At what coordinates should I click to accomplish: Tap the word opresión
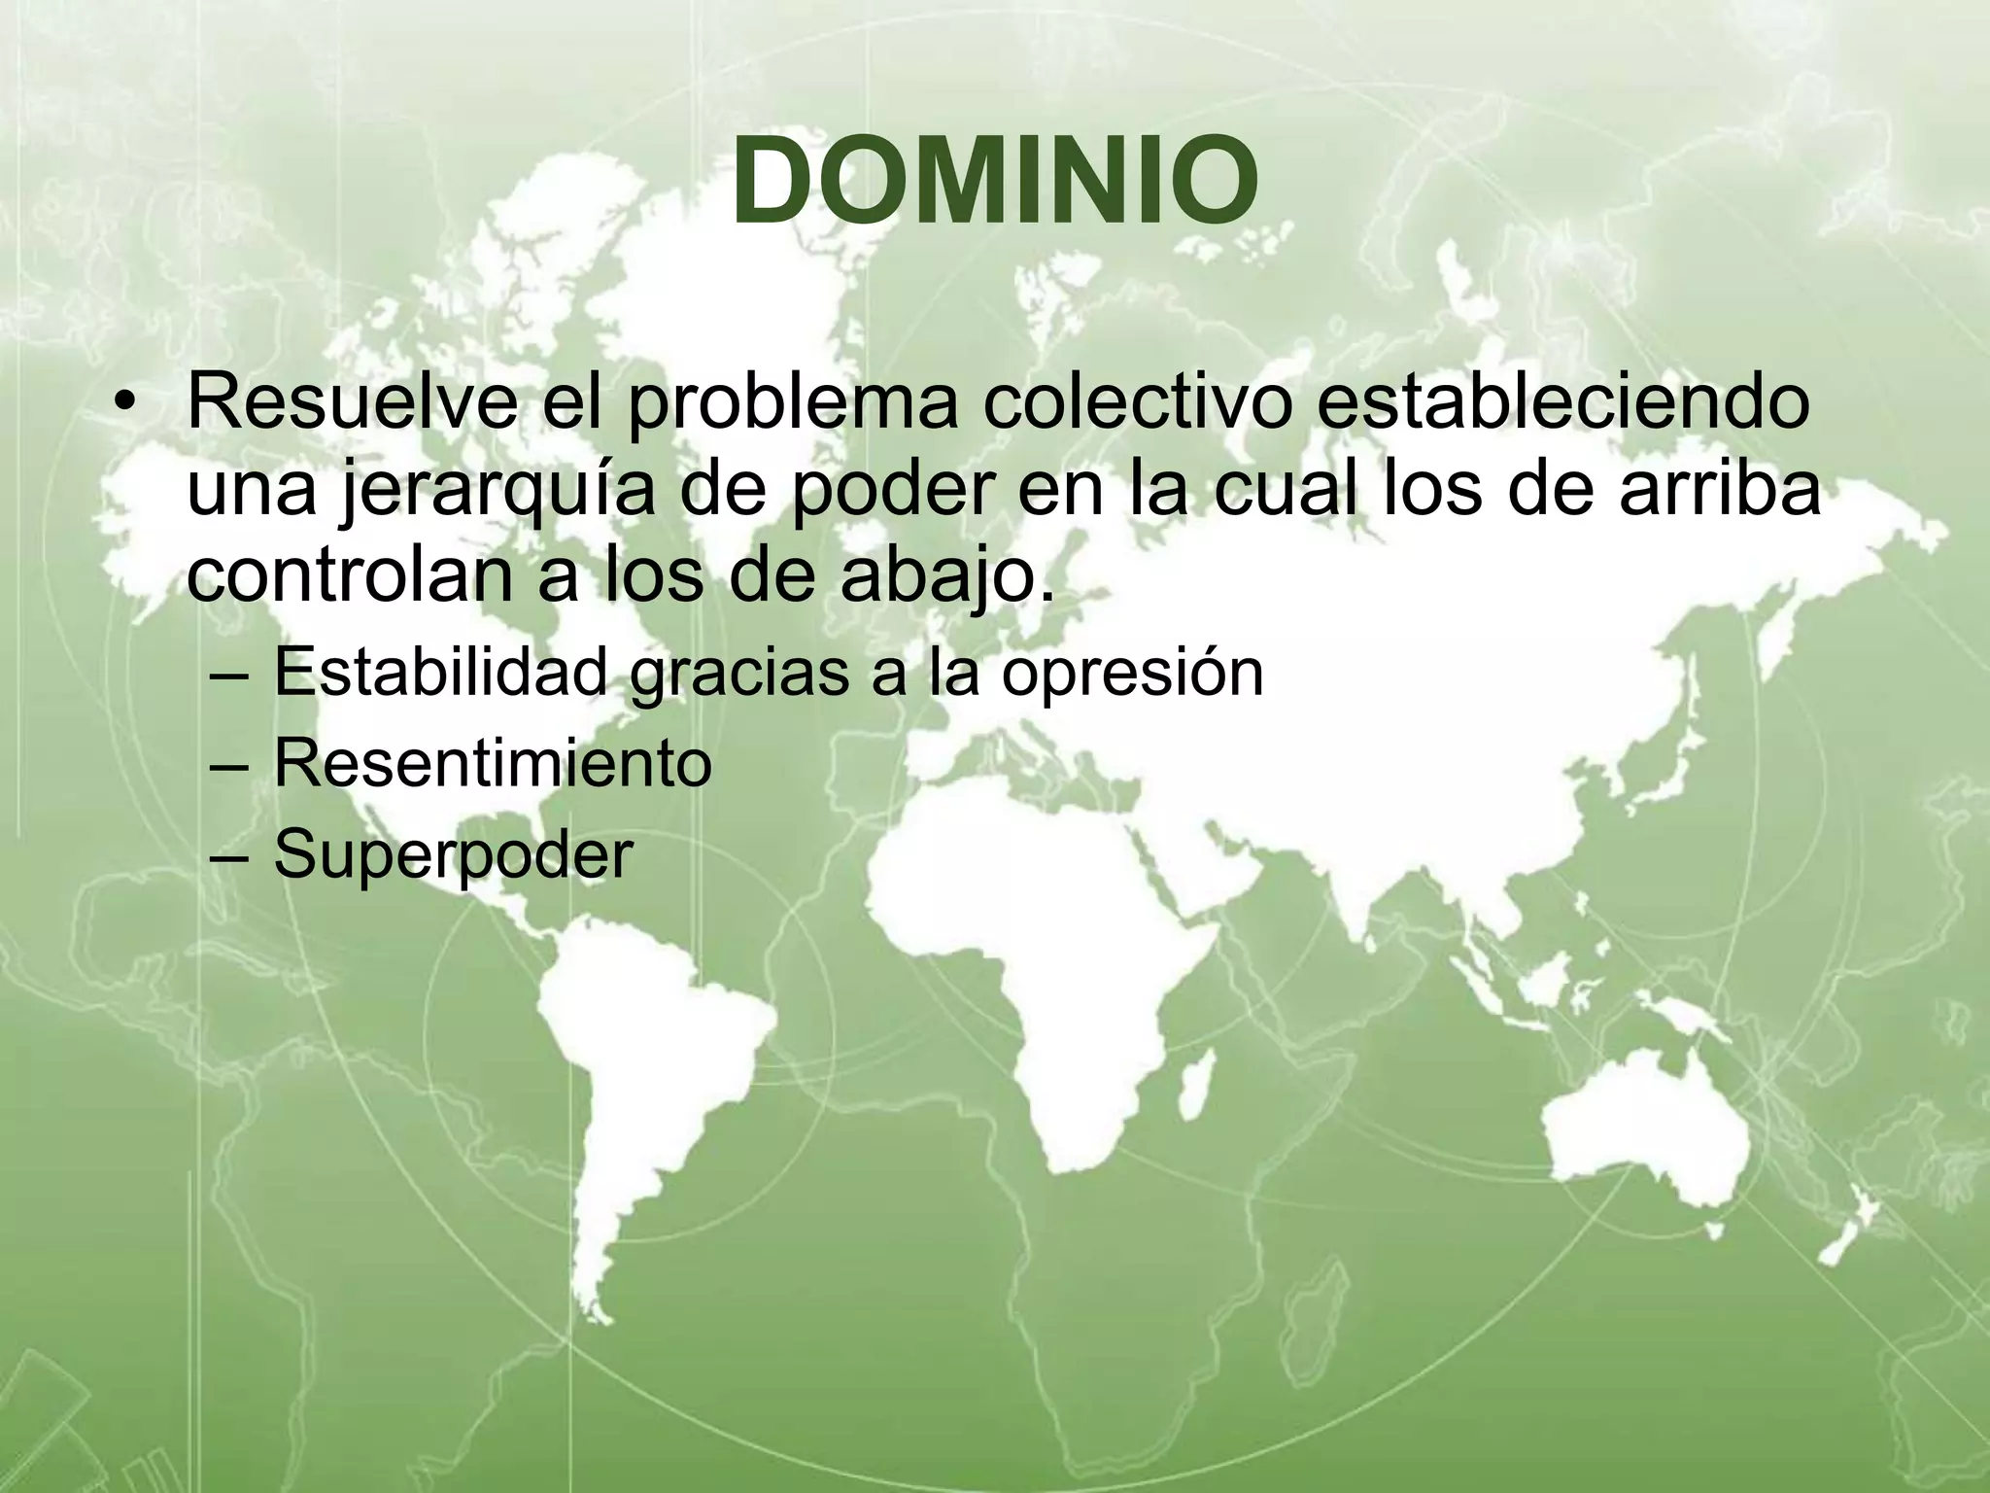(x=1132, y=673)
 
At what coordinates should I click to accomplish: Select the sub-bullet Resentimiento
(x=493, y=763)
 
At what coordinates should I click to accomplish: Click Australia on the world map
(x=1642, y=1128)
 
